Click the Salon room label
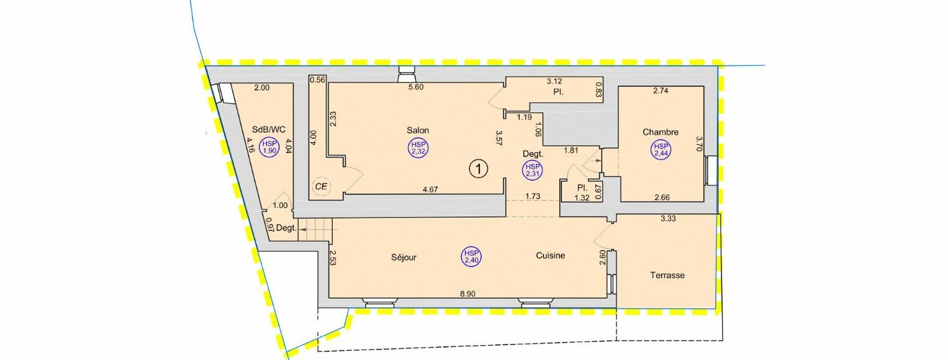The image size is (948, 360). (x=418, y=130)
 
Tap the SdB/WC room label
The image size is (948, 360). (x=269, y=130)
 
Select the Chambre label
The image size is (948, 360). (x=661, y=132)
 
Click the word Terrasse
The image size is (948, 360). (x=667, y=276)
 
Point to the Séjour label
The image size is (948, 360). (x=404, y=257)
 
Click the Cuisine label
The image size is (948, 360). (x=551, y=256)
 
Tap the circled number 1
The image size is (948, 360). (x=479, y=169)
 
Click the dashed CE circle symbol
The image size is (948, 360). (x=321, y=186)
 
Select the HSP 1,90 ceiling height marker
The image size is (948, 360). (x=269, y=147)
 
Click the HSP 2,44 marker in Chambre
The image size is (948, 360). (x=661, y=150)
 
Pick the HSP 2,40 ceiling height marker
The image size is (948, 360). (x=471, y=257)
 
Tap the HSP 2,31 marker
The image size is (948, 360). (x=533, y=170)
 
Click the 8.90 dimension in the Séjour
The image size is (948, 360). (x=467, y=294)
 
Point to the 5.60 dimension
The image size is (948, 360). (x=415, y=87)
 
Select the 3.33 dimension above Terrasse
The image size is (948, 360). (x=668, y=218)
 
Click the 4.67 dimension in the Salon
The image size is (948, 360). (x=430, y=189)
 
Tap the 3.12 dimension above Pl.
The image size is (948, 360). (x=554, y=81)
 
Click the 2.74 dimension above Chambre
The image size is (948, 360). (x=661, y=90)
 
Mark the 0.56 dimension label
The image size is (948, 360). (x=317, y=79)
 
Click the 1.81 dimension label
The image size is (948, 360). (x=571, y=150)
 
